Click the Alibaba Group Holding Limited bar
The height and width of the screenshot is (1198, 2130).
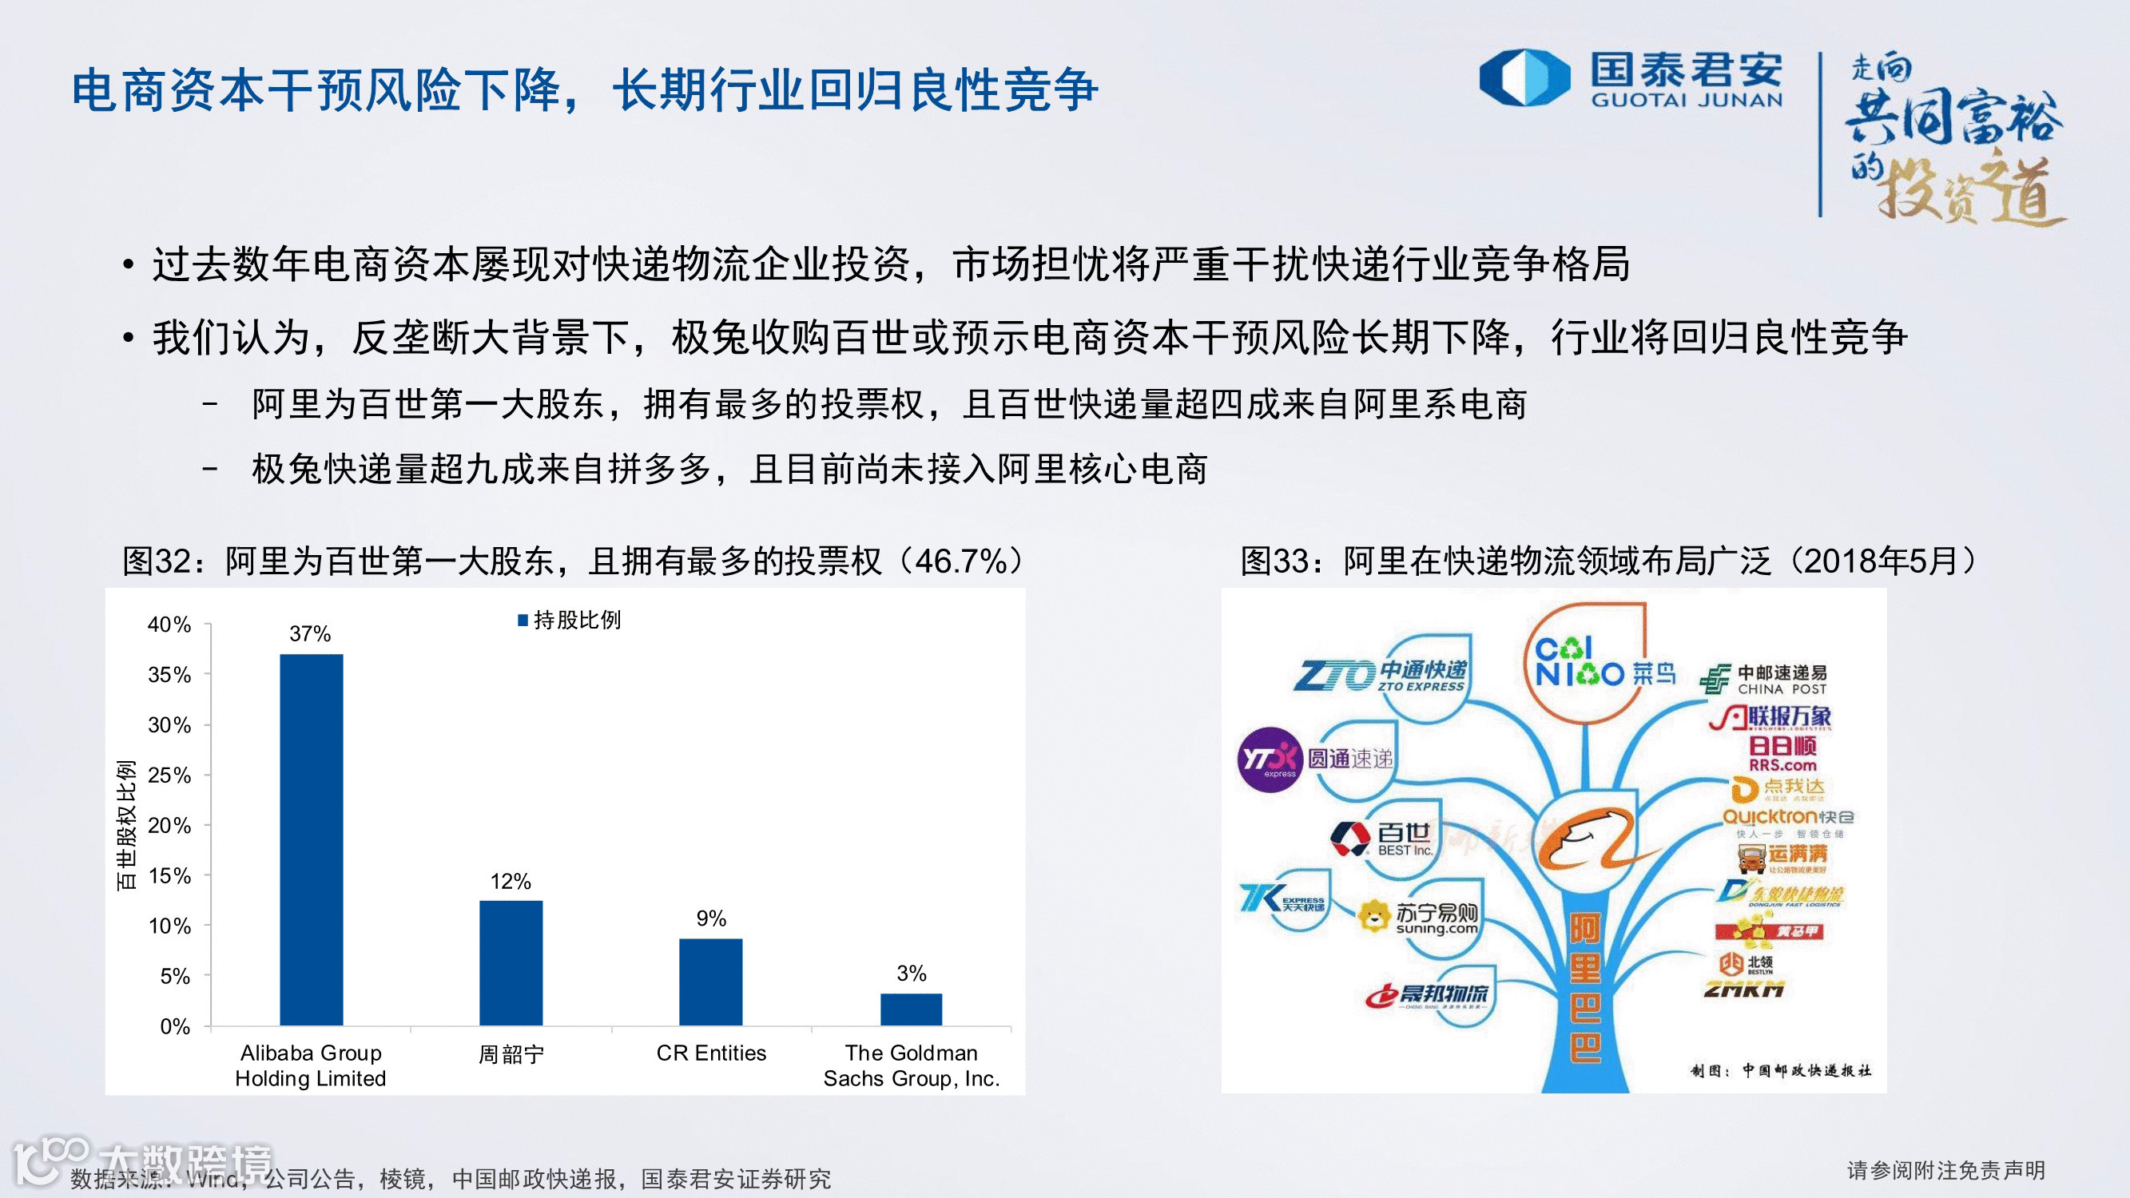point(311,839)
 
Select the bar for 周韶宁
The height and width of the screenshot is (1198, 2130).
point(511,962)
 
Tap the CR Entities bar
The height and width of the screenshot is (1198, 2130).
point(711,982)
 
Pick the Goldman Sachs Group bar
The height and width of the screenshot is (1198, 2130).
point(912,1009)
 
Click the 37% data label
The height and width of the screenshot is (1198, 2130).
point(310,634)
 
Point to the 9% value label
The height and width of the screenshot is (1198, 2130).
point(711,918)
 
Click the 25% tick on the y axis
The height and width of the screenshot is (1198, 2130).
point(169,776)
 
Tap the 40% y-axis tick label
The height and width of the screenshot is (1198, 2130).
point(169,625)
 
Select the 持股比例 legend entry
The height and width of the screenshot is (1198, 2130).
point(570,620)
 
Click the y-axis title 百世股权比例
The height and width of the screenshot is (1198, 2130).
point(125,825)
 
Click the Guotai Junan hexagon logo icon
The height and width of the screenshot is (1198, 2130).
point(1524,78)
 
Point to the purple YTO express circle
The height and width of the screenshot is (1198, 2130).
point(1270,759)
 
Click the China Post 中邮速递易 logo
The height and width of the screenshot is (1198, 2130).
point(1765,680)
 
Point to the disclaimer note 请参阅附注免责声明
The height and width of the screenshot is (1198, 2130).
point(1945,1170)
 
